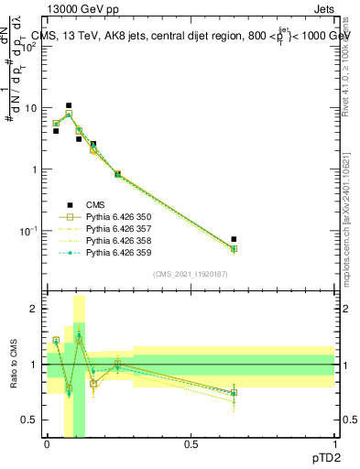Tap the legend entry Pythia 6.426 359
click(115, 253)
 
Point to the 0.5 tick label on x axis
click(191, 443)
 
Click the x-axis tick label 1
click(334, 443)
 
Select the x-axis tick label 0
click(47, 443)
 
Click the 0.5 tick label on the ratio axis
click(33, 420)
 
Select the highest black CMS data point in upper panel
click(69, 105)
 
